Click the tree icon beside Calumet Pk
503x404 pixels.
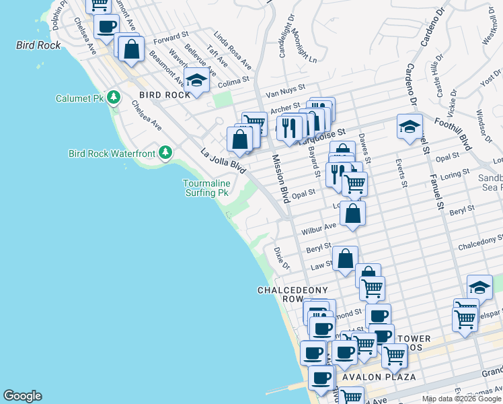click(114, 98)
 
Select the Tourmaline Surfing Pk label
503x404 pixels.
click(207, 188)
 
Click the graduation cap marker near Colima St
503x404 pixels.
click(196, 81)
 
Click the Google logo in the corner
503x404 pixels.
click(22, 396)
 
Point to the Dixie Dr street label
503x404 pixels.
click(281, 259)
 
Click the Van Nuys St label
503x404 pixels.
click(285, 87)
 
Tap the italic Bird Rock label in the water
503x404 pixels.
click(38, 45)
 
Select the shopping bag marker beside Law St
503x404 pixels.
click(345, 259)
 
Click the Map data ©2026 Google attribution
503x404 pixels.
click(461, 399)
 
